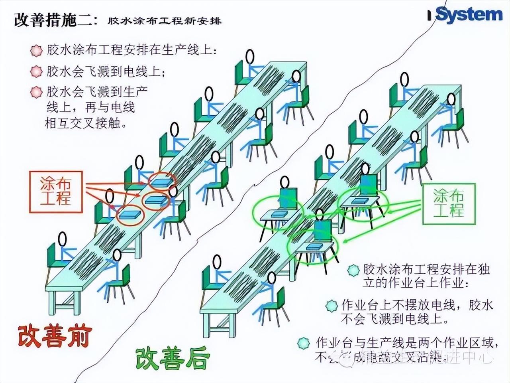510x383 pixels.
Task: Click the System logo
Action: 469,15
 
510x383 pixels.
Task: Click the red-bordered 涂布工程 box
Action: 56,191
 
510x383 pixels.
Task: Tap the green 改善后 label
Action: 172,358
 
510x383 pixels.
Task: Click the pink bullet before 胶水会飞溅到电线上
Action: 36,72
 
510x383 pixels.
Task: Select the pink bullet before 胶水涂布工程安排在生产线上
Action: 36,51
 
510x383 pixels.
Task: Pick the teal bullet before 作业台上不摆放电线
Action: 331,306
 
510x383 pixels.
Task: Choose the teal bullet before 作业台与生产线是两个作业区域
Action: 303,343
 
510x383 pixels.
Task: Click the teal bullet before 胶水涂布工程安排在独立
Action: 353,270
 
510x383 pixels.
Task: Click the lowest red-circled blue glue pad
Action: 129,215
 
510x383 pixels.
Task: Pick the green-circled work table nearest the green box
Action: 361,201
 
